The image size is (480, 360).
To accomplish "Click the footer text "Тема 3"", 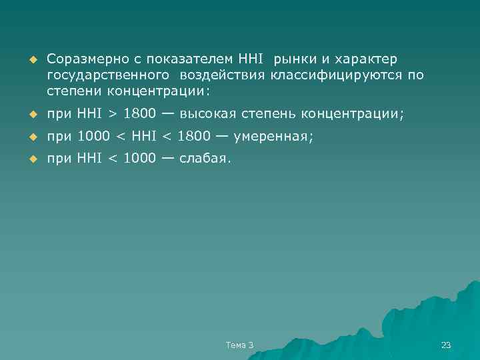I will coord(239,345).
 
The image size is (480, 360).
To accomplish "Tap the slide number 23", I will coord(446,345).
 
